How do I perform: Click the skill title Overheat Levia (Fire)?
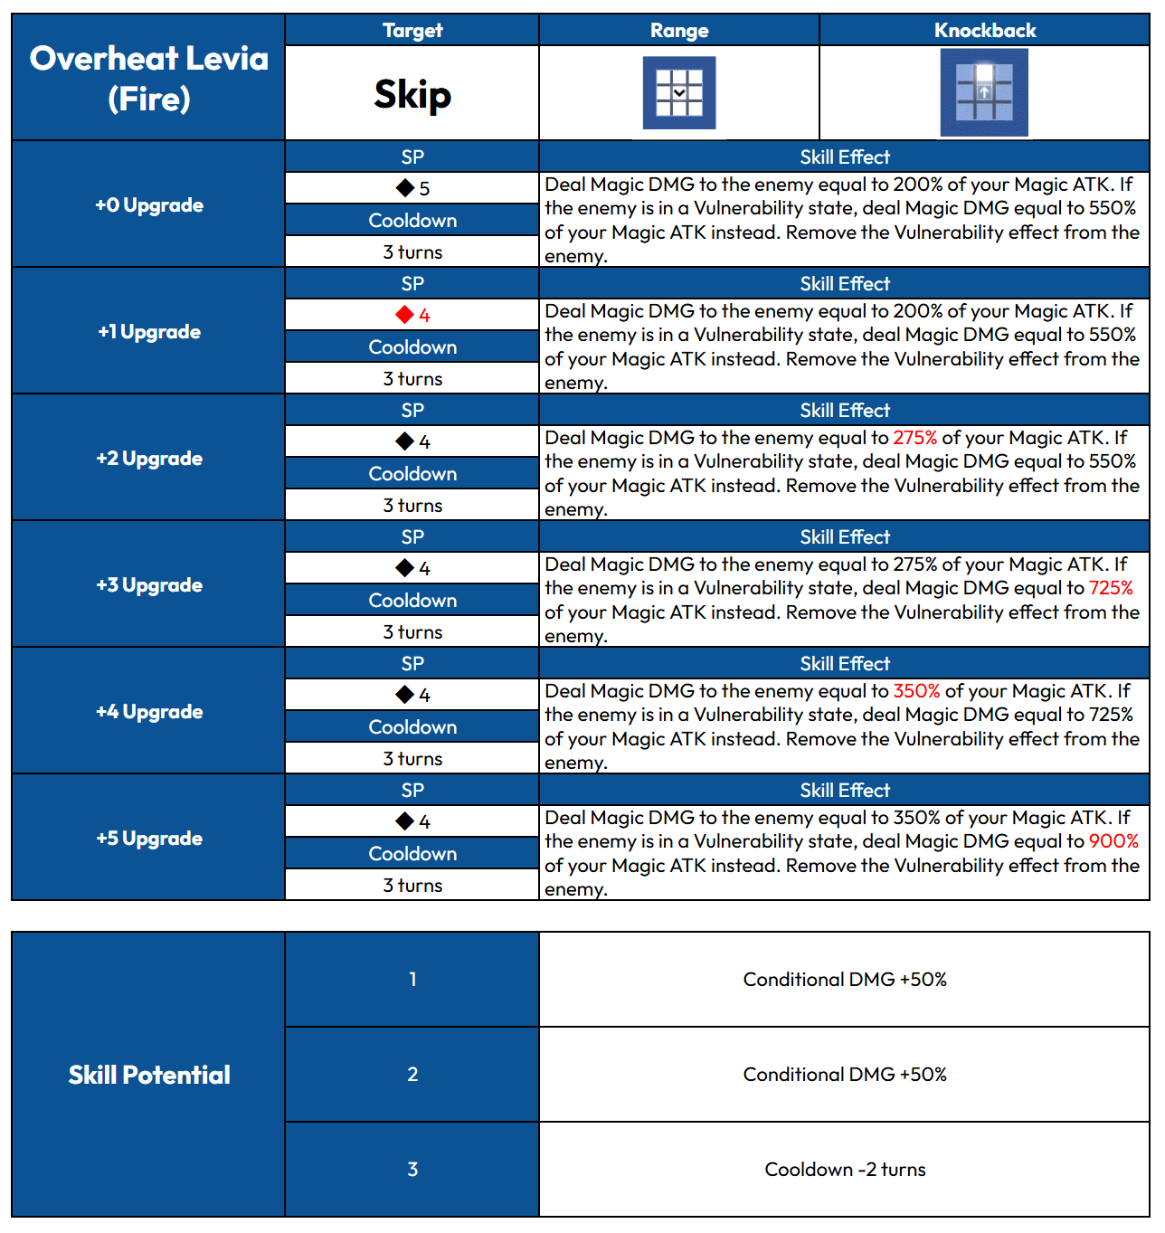(x=149, y=79)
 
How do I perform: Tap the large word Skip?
(x=412, y=94)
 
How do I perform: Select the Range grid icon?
(x=679, y=93)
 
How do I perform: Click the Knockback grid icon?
(x=984, y=92)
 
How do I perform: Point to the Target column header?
(x=412, y=31)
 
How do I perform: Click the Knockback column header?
(x=985, y=31)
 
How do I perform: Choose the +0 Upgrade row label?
(x=149, y=205)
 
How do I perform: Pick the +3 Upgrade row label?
(x=149, y=585)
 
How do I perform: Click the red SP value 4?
(x=423, y=316)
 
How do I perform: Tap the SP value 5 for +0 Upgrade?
(x=423, y=189)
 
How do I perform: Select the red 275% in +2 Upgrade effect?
(x=915, y=438)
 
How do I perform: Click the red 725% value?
(x=1111, y=588)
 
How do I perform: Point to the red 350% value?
(x=916, y=691)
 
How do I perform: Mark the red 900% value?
(x=1113, y=841)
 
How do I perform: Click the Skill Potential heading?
(x=149, y=1075)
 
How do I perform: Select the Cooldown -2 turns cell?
(x=845, y=1170)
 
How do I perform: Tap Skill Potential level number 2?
(x=412, y=1075)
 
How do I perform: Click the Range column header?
(x=679, y=31)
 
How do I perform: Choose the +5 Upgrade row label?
(x=149, y=839)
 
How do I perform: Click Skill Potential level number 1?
(x=412, y=980)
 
